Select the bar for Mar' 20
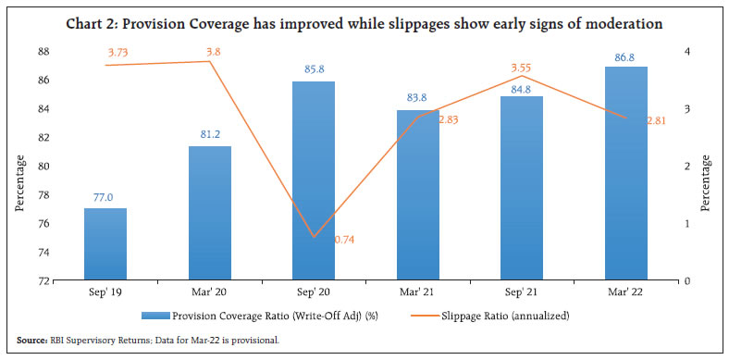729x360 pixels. [x=209, y=213]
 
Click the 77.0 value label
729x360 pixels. [x=105, y=198]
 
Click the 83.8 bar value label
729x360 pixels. [x=417, y=99]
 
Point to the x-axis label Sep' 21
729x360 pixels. [x=522, y=292]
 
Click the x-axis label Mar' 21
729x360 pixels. [x=417, y=292]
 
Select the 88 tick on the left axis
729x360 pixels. [x=44, y=52]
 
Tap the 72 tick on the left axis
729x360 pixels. [x=44, y=280]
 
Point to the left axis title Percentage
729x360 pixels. [x=20, y=182]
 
